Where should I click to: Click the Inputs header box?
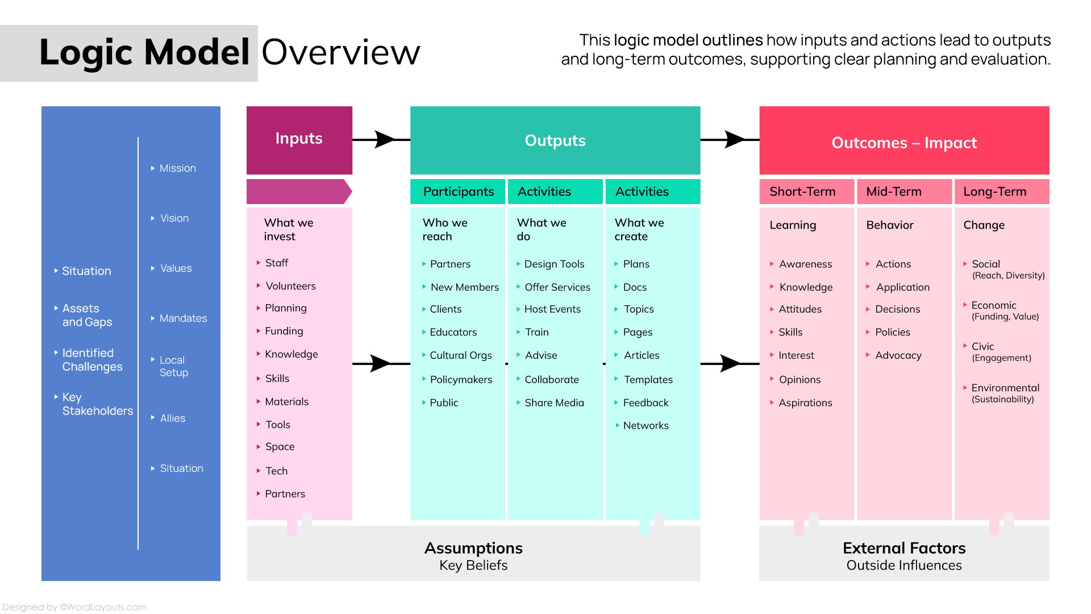coord(299,139)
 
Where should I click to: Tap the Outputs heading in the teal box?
coord(555,140)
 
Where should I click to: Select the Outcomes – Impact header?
coord(903,142)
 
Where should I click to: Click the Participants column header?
coord(458,192)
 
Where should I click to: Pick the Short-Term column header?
coord(802,192)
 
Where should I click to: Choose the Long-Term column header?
coord(994,192)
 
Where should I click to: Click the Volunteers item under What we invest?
coord(290,286)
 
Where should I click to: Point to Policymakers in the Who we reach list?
coord(461,379)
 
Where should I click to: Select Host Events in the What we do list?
coord(552,309)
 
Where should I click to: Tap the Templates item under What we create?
coord(648,379)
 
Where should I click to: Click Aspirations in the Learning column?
coord(805,403)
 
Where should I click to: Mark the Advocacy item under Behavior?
coord(898,355)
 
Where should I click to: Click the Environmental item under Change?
coord(1005,388)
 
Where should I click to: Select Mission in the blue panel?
coord(177,168)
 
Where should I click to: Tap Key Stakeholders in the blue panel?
coord(97,404)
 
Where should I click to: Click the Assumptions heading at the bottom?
coord(473,548)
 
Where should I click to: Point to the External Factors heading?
coord(903,548)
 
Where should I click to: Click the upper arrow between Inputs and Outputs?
coord(384,139)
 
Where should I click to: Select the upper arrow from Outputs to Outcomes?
coord(733,139)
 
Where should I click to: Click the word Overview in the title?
coord(340,52)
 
